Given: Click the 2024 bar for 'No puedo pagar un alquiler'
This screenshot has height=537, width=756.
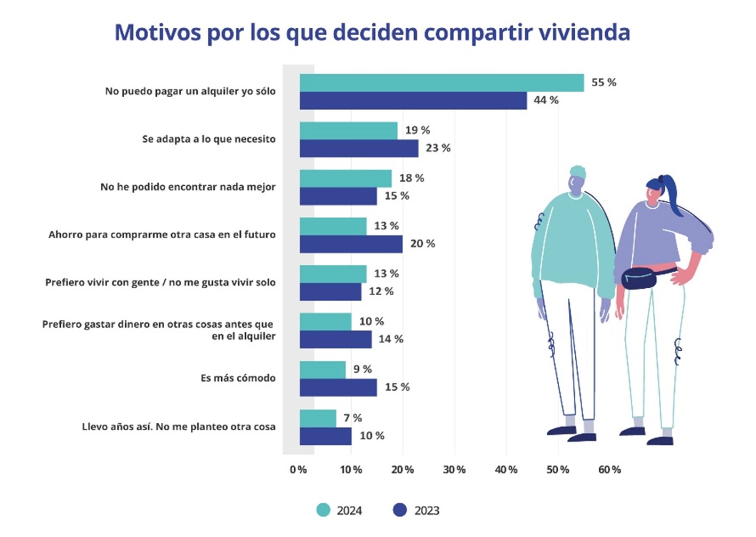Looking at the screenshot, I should pyautogui.click(x=441, y=83).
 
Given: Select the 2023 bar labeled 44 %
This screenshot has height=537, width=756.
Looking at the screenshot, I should pyautogui.click(x=413, y=101).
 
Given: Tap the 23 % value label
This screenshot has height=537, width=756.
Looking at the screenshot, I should pyautogui.click(x=438, y=148).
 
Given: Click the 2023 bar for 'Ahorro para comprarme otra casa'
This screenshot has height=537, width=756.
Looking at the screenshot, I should pyautogui.click(x=351, y=244).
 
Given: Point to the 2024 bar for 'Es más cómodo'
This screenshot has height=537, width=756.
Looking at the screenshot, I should pyautogui.click(x=323, y=369).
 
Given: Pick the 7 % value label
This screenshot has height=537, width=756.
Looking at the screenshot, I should pyautogui.click(x=352, y=417).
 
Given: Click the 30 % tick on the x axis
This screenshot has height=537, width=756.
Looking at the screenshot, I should pyautogui.click(x=454, y=470).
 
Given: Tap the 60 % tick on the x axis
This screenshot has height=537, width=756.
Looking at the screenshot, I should pyautogui.click(x=609, y=470).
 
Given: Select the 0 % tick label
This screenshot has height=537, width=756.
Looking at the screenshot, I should pyautogui.click(x=299, y=470).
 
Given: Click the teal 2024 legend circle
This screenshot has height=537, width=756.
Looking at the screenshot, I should pyautogui.click(x=323, y=510).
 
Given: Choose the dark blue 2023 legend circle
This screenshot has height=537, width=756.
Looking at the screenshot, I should pyautogui.click(x=400, y=510).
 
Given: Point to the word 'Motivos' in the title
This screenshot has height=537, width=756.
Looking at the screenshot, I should pyautogui.click(x=157, y=32).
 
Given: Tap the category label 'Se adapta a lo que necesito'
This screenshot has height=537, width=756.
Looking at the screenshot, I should pyautogui.click(x=208, y=139).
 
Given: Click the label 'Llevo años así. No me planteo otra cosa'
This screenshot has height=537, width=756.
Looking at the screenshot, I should pyautogui.click(x=179, y=427).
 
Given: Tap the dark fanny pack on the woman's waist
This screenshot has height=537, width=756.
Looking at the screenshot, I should pyautogui.click(x=640, y=278).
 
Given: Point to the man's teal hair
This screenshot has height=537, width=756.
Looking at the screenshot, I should pyautogui.click(x=577, y=172).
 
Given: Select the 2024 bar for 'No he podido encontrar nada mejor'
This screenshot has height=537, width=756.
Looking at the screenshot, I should pyautogui.click(x=345, y=178).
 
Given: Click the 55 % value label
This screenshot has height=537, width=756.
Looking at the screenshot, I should pyautogui.click(x=604, y=82).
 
